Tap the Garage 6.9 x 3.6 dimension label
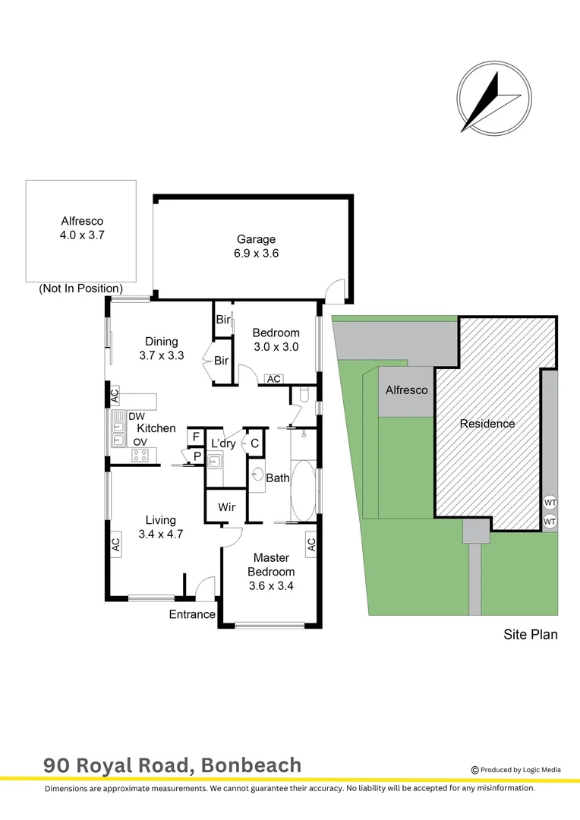pyautogui.click(x=255, y=246)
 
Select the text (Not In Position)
pyautogui.click(x=80, y=289)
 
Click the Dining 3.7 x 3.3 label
pyautogui.click(x=161, y=348)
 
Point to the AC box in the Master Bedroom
pyautogui.click(x=311, y=544)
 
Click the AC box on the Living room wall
pyautogui.click(x=115, y=544)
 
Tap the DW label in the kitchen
pyautogui.click(x=137, y=416)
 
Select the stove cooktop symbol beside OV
pyautogui.click(x=140, y=456)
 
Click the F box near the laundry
pyautogui.click(x=196, y=437)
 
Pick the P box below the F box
pyautogui.click(x=196, y=456)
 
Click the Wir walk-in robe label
pyautogui.click(x=226, y=506)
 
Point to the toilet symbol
pyautogui.click(x=302, y=394)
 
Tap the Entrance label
pyautogui.click(x=192, y=614)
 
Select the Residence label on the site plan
pyautogui.click(x=487, y=424)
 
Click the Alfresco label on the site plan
pyautogui.click(x=406, y=390)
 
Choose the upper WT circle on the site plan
pyautogui.click(x=550, y=502)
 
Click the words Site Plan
pyautogui.click(x=531, y=634)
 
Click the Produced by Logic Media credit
pyautogui.click(x=516, y=769)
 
